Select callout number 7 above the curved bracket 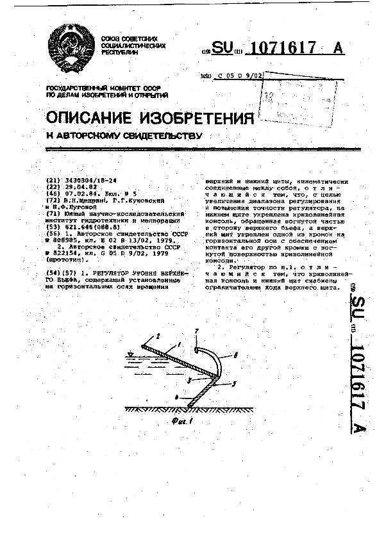(197, 331)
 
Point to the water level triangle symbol (131, 354)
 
